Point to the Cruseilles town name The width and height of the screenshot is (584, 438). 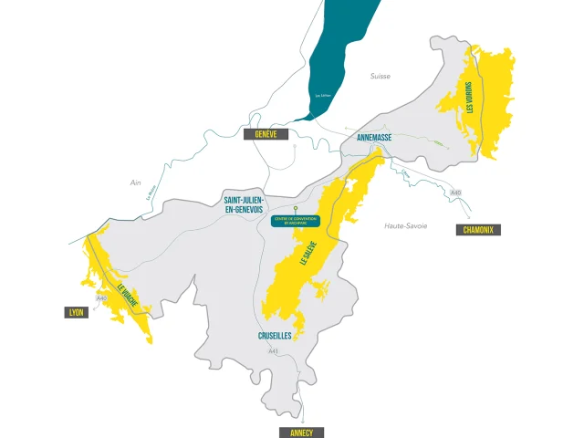[274, 336]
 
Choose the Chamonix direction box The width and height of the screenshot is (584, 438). [477, 230]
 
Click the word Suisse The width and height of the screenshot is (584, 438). [380, 77]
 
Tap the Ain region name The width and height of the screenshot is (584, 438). [136, 182]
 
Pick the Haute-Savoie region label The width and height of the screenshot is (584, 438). [405, 225]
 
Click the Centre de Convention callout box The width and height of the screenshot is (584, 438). [295, 221]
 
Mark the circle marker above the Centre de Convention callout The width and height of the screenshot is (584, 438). [295, 208]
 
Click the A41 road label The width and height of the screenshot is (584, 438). [273, 351]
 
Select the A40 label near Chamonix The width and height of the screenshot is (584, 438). [456, 193]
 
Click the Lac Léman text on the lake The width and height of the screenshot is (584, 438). [322, 95]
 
